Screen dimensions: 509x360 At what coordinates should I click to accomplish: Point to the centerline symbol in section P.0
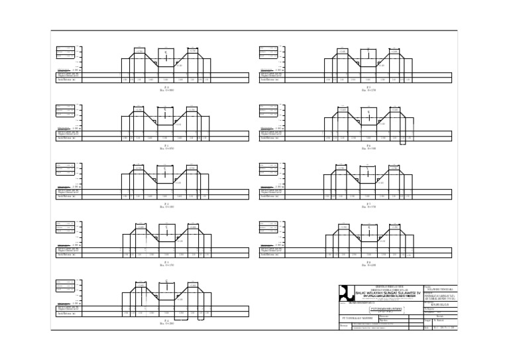[x=166, y=52]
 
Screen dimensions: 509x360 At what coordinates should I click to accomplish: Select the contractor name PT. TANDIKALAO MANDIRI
[x=358, y=319]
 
